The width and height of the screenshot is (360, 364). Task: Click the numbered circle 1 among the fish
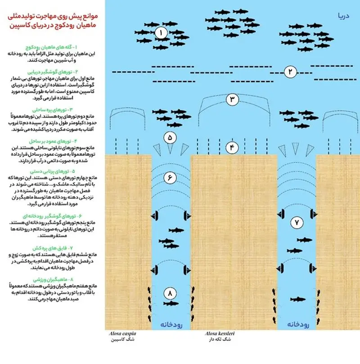[x=161, y=33]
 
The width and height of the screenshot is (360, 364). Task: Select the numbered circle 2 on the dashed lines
[x=291, y=71]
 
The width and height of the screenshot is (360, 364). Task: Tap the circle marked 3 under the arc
[x=232, y=100]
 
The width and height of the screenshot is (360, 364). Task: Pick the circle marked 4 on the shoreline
[x=232, y=147]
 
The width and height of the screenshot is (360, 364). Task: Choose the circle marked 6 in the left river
[x=170, y=178]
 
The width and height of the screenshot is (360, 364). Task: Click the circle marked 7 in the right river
[x=297, y=222]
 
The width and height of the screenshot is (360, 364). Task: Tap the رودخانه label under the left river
[x=170, y=324]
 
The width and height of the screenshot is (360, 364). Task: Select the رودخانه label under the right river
[x=296, y=324]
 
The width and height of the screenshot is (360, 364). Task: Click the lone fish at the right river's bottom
[x=297, y=299]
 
